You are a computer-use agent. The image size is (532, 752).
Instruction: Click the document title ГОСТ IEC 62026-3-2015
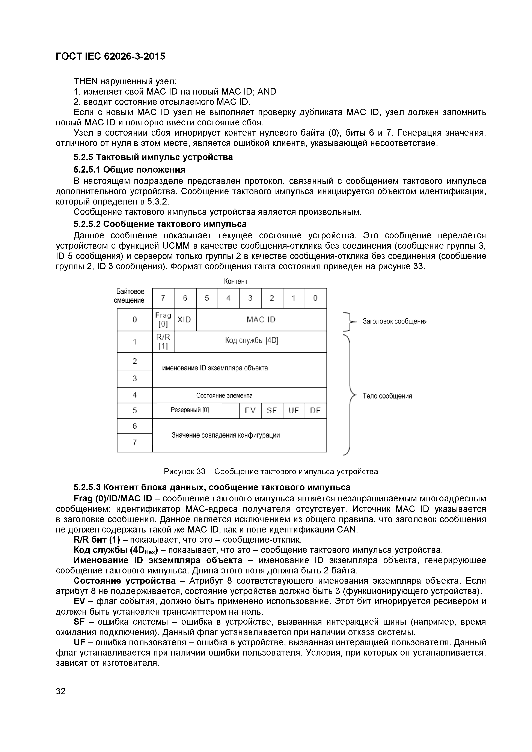(110, 57)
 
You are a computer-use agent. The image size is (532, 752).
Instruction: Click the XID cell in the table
(184, 320)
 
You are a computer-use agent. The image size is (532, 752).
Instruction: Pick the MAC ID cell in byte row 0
(261, 320)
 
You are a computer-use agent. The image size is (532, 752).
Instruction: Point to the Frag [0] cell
(163, 320)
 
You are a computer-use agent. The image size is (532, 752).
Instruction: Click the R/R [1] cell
(163, 342)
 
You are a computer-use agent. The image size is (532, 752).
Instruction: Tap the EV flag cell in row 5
(250, 411)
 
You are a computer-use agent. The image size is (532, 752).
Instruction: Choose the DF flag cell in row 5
(315, 411)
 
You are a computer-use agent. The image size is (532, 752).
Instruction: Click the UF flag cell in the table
(294, 411)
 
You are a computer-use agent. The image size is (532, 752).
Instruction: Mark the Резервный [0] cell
(190, 410)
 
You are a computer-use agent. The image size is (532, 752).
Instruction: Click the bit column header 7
(163, 298)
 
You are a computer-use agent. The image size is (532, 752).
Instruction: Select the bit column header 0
(315, 298)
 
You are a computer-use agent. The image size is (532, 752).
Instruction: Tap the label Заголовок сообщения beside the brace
(395, 321)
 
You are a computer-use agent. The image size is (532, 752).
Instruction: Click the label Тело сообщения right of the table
(387, 396)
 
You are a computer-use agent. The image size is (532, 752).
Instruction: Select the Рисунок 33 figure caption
(271, 472)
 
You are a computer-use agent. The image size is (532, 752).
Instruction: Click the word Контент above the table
(235, 281)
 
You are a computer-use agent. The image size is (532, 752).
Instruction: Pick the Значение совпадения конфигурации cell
(226, 435)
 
